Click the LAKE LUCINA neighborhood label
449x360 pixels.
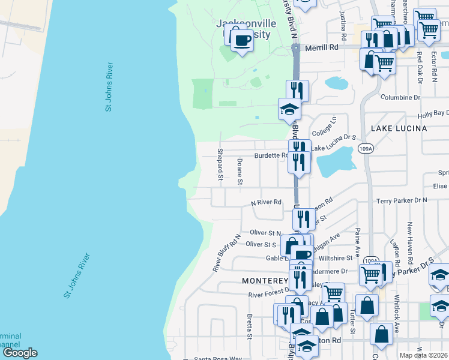[399, 128]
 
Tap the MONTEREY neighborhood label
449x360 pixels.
[265, 281]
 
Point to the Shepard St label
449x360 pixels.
[220, 164]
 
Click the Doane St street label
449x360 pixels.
[240, 172]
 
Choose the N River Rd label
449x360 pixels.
[266, 202]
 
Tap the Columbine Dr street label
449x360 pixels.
[400, 97]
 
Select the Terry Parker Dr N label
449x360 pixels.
[402, 200]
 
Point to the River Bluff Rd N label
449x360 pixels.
[226, 253]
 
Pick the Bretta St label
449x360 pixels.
[249, 324]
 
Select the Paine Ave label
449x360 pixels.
[357, 238]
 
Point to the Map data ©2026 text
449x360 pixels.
[424, 355]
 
